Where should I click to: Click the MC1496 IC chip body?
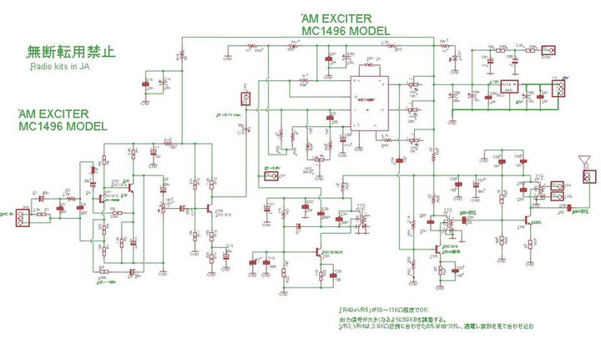pyautogui.click(x=368, y=104)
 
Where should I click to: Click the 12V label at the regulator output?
pyautogui.click(x=494, y=82)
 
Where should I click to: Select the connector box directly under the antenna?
pyautogui.click(x=588, y=177)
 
